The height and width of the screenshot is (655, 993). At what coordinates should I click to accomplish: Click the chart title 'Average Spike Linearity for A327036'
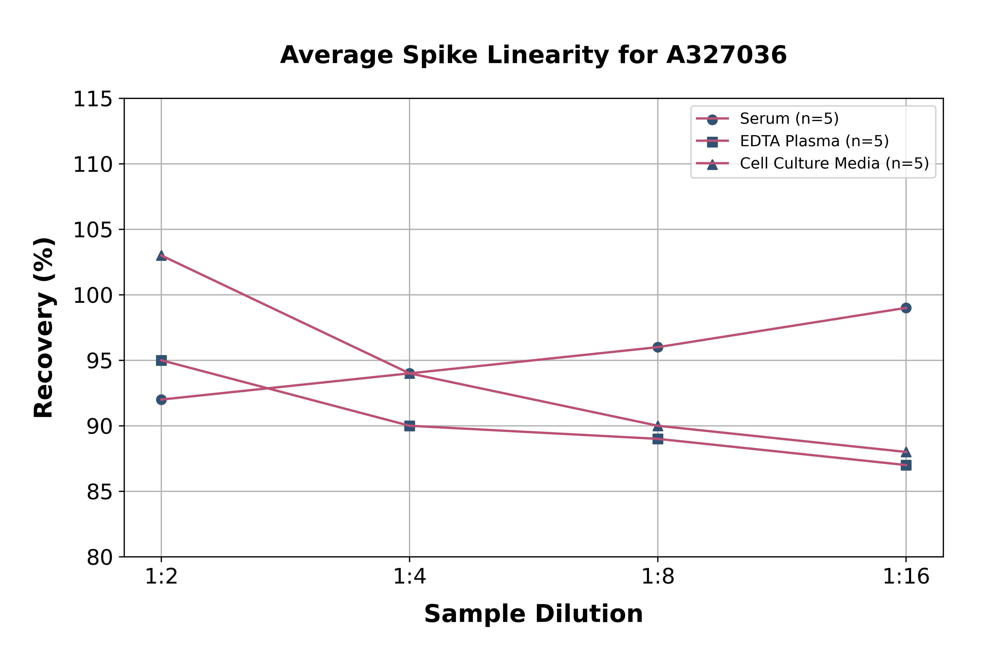(x=533, y=55)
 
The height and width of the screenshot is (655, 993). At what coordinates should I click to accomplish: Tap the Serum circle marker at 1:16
(x=906, y=308)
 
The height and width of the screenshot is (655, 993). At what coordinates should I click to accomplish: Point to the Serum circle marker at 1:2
(x=161, y=400)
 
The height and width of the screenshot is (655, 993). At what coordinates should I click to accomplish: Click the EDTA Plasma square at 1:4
(x=410, y=426)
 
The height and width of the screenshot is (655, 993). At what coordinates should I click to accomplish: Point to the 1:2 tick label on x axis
(x=161, y=577)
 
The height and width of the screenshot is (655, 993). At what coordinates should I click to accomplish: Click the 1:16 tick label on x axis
(x=906, y=577)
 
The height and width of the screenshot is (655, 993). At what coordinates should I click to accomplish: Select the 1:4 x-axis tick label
(x=410, y=577)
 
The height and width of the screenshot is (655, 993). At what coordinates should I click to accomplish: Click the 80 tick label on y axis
(x=100, y=557)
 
